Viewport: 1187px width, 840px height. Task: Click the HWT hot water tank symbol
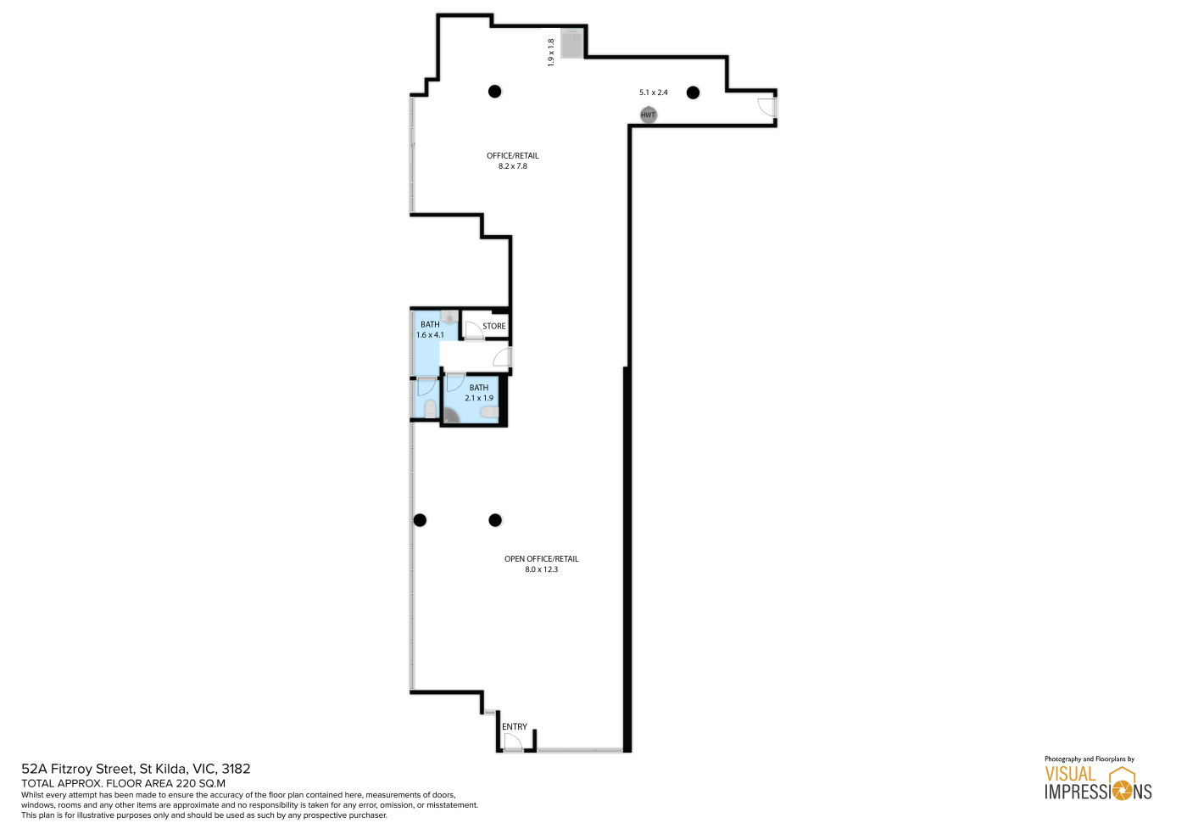click(648, 115)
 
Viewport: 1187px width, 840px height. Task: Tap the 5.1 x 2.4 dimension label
click(653, 92)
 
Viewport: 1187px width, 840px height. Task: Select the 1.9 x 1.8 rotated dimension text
click(550, 53)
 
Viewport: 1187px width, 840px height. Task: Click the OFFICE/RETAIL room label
click(512, 155)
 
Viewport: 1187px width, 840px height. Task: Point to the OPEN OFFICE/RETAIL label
click(541, 558)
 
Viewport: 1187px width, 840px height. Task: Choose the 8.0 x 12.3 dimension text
click(541, 569)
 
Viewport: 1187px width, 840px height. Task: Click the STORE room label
click(493, 326)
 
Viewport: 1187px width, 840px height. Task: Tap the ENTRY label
click(514, 726)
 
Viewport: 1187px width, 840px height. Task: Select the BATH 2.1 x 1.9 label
click(478, 392)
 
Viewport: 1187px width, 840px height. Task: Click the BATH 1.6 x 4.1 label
click(430, 329)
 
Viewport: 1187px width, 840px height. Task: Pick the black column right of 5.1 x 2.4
click(693, 92)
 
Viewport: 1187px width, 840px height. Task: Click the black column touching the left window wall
click(420, 520)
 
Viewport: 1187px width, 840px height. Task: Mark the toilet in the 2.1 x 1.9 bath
click(489, 412)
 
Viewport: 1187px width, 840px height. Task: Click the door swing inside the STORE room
click(473, 330)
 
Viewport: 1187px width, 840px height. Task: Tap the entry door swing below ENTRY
click(512, 742)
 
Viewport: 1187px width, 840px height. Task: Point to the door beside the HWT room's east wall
click(766, 107)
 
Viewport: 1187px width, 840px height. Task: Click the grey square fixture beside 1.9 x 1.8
click(571, 43)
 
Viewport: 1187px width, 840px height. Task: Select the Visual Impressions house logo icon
click(1123, 782)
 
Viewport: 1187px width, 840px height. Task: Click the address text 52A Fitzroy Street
click(77, 769)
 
